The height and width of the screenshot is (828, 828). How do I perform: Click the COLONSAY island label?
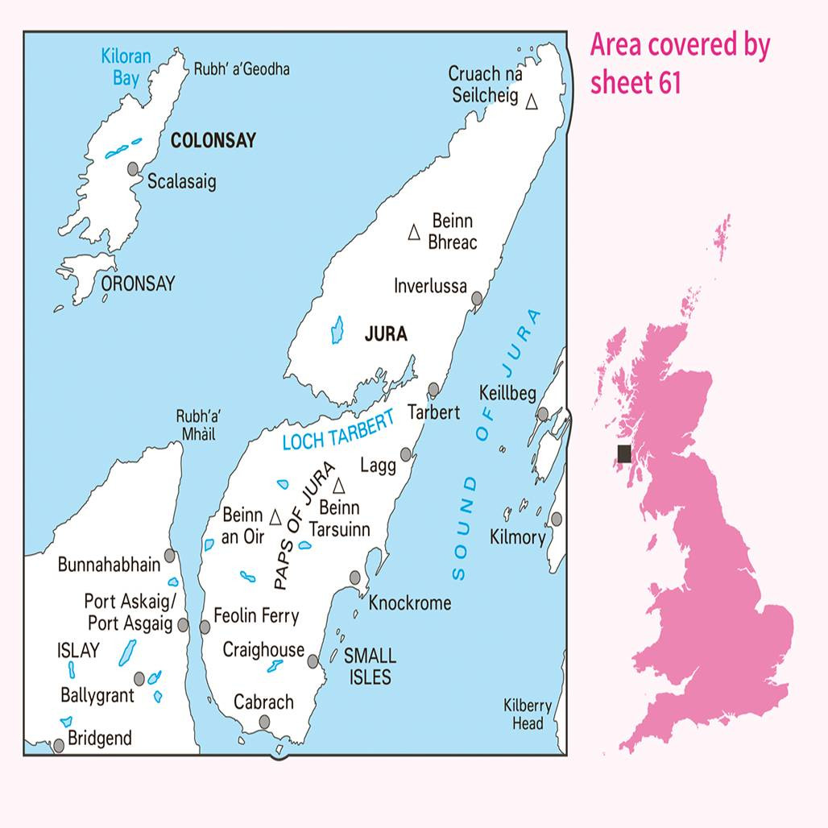pos(213,141)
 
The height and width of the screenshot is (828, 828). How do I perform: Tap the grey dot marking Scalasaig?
pos(134,168)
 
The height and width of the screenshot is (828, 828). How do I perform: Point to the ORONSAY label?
pos(138,284)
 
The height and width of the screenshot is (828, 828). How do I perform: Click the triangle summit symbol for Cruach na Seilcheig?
pos(532,102)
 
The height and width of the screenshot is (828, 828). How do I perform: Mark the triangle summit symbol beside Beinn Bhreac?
pos(414,233)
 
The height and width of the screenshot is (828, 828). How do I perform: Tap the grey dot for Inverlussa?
pos(476,299)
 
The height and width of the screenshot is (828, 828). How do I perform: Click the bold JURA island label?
pos(386,334)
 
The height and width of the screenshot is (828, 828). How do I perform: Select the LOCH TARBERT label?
pos(338,430)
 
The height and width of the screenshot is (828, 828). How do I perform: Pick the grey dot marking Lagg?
pos(407,455)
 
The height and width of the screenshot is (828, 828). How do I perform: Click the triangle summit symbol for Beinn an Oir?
pos(275,516)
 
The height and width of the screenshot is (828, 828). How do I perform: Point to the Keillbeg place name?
pos(507,395)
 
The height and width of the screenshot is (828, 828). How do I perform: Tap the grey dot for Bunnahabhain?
pos(170,555)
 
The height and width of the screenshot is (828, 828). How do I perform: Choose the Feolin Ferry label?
pos(256,617)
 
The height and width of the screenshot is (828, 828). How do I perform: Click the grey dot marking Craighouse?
pos(313,661)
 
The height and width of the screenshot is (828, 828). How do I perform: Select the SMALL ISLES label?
pos(370,666)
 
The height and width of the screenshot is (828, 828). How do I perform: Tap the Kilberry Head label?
pos(528,714)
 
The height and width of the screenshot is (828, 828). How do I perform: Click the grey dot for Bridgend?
pos(58,746)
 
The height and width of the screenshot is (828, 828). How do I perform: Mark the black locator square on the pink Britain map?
pos(624,453)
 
